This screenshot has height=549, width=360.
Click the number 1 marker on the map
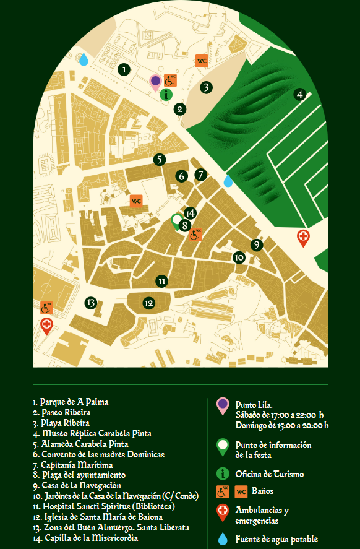124,69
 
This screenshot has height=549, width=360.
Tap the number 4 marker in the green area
300,95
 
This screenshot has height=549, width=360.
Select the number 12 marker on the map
148,303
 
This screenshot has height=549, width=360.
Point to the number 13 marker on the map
91,303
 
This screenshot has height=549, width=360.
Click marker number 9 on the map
257,245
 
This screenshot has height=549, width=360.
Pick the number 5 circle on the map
160,160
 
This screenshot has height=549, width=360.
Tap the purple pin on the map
155,82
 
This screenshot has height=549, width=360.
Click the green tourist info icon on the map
166,94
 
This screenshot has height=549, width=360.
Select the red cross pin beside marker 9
303,237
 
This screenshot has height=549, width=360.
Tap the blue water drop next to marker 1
84,59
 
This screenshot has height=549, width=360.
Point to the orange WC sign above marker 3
202,61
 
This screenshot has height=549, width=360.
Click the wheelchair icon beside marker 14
195,235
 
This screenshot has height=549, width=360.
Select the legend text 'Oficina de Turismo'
269,474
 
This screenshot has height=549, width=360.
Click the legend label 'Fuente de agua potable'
276,539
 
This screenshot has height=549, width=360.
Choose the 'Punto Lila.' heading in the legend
254,404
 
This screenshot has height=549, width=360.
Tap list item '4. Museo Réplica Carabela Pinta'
92,433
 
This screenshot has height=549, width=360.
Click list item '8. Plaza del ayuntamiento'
80,475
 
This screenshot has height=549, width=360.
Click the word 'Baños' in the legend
263,491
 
